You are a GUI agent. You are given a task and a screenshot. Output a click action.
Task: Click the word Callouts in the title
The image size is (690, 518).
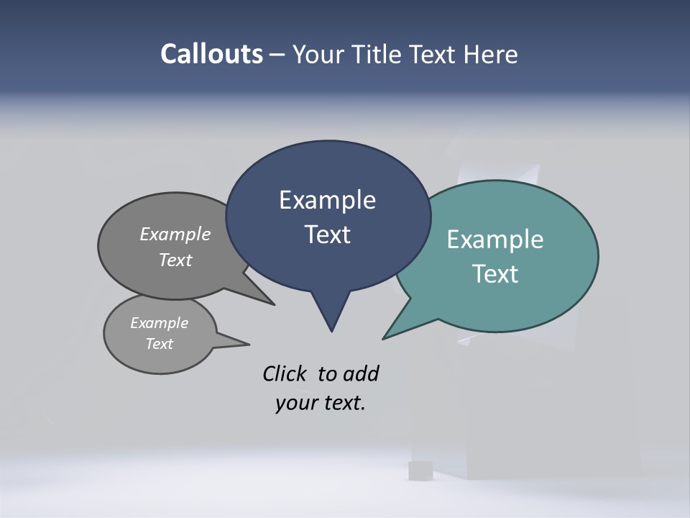(212, 54)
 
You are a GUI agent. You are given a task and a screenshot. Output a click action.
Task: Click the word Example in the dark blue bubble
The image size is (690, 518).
(327, 200)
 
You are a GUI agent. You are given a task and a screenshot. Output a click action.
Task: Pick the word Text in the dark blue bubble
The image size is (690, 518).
(327, 235)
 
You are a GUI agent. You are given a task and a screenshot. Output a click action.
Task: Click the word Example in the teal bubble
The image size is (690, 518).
(495, 240)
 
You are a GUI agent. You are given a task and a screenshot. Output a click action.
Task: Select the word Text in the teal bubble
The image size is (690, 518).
(495, 274)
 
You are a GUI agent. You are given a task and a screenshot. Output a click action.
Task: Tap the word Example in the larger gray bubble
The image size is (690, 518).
(175, 235)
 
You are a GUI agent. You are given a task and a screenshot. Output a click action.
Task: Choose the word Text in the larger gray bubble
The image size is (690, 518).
(175, 260)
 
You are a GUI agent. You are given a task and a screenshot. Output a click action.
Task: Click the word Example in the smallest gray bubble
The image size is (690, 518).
(159, 323)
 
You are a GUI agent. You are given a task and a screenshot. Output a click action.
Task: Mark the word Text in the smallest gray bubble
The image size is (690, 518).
(159, 344)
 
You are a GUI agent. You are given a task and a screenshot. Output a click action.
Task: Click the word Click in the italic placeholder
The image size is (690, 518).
(286, 374)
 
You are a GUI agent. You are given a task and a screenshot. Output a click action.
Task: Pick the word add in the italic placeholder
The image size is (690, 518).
(361, 374)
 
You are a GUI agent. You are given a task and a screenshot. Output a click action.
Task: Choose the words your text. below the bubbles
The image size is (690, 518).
(320, 403)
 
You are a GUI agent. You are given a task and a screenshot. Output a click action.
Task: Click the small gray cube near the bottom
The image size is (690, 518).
(419, 471)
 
